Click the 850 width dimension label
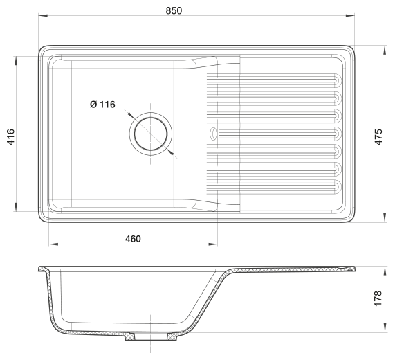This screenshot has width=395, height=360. (x=174, y=10)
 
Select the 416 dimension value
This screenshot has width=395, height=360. (x=11, y=137)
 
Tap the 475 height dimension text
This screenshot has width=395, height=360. (x=378, y=137)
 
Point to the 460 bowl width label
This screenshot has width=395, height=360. (x=133, y=239)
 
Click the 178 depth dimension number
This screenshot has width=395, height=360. (x=378, y=298)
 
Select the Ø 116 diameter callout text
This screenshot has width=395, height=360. (x=102, y=105)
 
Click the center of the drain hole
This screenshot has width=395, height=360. (x=151, y=134)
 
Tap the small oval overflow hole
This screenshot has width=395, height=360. (x=213, y=133)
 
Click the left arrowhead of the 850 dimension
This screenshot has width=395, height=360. (x=43, y=16)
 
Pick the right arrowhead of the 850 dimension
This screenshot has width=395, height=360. (x=350, y=16)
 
